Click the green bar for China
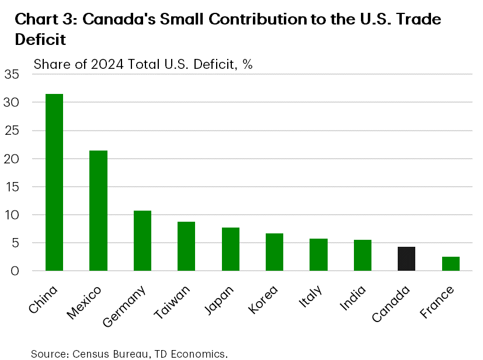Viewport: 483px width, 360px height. (x=54, y=182)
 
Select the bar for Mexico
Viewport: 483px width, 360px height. (x=98, y=211)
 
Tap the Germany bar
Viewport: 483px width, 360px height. (x=143, y=240)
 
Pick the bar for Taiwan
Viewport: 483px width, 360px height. (x=186, y=246)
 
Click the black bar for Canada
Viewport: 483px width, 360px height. (x=406, y=258)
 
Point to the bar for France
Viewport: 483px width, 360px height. (x=450, y=264)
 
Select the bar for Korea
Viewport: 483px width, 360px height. (x=274, y=252)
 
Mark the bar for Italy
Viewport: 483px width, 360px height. (x=318, y=254)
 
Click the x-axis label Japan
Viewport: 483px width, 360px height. (x=220, y=299)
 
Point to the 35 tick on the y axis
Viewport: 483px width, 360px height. (x=12, y=75)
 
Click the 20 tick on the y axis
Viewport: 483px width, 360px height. (x=12, y=159)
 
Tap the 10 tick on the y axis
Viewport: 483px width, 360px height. (x=12, y=215)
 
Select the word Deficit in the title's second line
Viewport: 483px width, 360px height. (x=41, y=40)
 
